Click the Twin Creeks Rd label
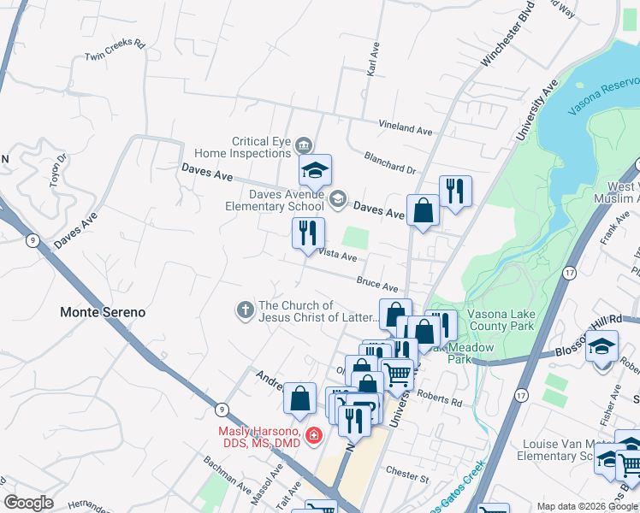[x=116, y=51]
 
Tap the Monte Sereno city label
[x=103, y=312]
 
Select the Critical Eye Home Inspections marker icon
[x=304, y=146]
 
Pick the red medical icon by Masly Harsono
[x=314, y=436]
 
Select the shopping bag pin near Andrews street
[x=299, y=397]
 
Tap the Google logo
[x=29, y=502]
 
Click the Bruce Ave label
[x=378, y=284]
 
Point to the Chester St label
[x=406, y=472]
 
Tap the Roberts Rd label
[x=445, y=400]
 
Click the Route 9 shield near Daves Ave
[x=32, y=240]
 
